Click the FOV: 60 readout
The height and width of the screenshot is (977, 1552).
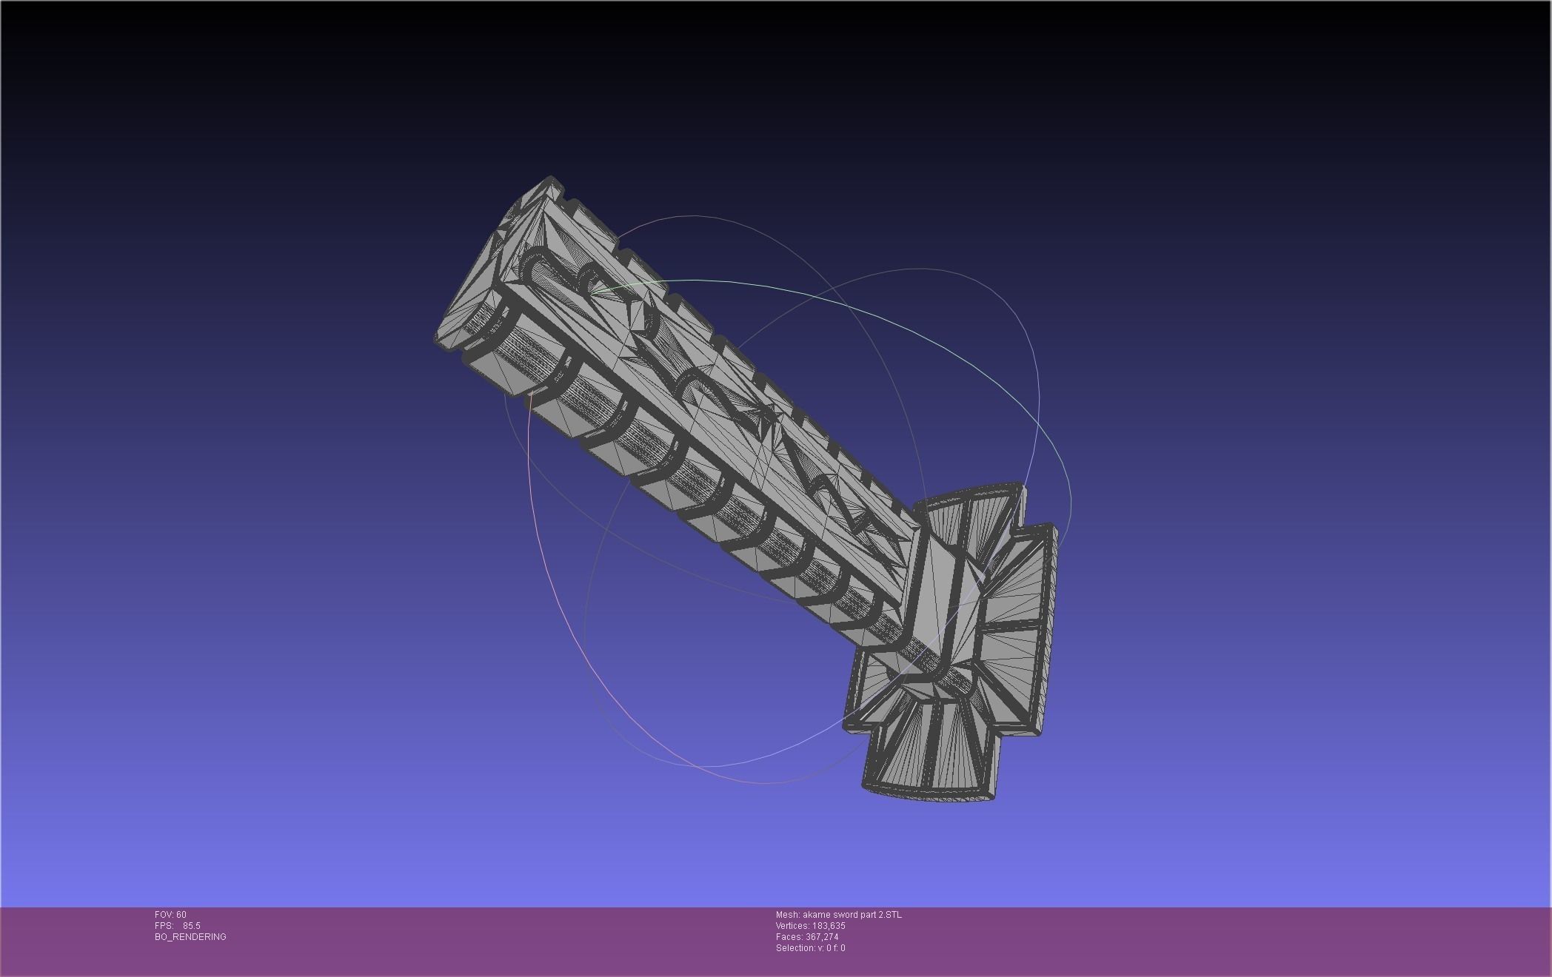pyautogui.click(x=170, y=915)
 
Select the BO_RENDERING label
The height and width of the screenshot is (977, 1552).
pyautogui.click(x=190, y=937)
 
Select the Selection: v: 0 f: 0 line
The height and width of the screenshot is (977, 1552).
pyautogui.click(x=810, y=948)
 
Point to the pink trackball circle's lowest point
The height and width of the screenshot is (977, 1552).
pyautogui.click(x=763, y=782)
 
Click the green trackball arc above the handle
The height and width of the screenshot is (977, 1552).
pyautogui.click(x=740, y=285)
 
